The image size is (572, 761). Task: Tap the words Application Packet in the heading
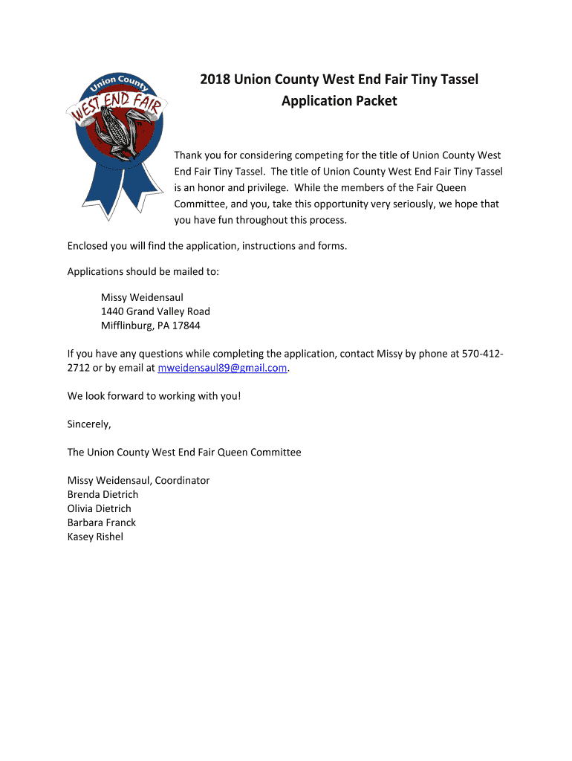tap(339, 100)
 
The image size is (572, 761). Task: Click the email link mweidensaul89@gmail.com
tap(223, 368)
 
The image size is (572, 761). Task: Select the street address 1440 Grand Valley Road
tap(155, 311)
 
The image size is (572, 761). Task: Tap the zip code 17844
tap(186, 326)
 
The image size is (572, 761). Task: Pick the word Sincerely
tap(89, 424)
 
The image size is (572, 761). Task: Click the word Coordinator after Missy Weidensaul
tap(182, 480)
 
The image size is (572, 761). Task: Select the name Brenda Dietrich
tap(103, 494)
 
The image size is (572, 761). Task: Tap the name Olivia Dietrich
tap(99, 508)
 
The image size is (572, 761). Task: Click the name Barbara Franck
tap(102, 522)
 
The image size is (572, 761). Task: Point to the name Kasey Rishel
tap(95, 537)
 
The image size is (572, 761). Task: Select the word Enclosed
tap(90, 245)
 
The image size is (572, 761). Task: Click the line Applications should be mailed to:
tap(143, 271)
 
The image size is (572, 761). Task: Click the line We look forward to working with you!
tap(154, 396)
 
